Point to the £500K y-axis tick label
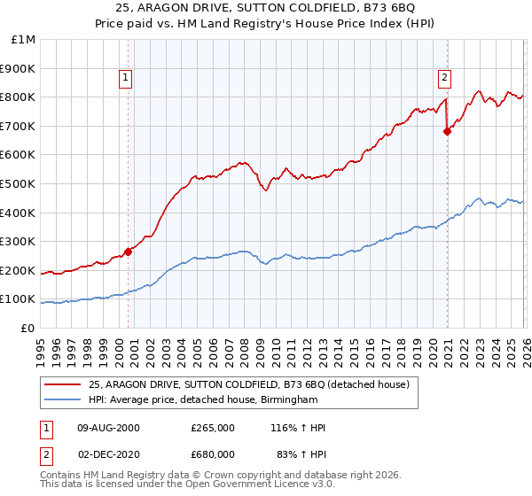pyautogui.click(x=19, y=183)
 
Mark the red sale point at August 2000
pyautogui.click(x=128, y=252)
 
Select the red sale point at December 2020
pyautogui.click(x=447, y=132)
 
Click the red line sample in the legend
pyautogui.click(x=64, y=384)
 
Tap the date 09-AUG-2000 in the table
pyautogui.click(x=108, y=428)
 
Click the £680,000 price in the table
pyautogui.click(x=213, y=453)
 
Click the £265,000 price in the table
pyautogui.click(x=213, y=428)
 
